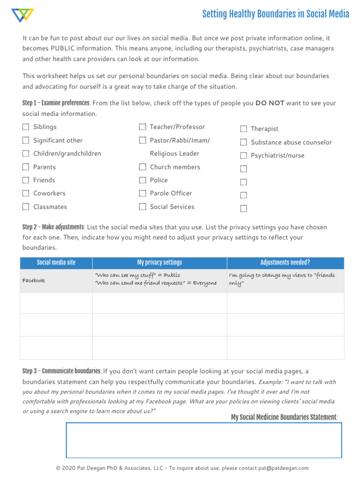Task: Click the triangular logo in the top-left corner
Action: tap(22, 15)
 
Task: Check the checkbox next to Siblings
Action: tap(25, 127)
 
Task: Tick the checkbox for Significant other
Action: tap(25, 140)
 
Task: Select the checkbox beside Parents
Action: tap(25, 167)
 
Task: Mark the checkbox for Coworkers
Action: tap(25, 193)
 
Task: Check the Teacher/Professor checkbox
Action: tap(142, 127)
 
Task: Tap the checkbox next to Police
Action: tap(142, 180)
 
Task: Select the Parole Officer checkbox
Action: tap(142, 193)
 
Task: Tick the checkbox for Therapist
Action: tap(244, 129)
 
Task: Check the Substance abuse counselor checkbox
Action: tap(244, 142)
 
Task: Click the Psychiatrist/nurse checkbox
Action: tap(244, 156)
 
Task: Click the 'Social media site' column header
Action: tap(56, 262)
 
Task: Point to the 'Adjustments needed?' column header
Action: tap(285, 262)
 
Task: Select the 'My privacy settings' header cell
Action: tap(159, 262)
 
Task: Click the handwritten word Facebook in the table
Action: tap(34, 281)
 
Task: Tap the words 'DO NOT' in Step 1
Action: tap(270, 103)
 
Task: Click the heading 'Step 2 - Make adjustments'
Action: tap(53, 227)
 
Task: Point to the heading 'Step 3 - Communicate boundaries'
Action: tap(61, 371)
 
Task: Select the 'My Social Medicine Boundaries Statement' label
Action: tap(284, 417)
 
